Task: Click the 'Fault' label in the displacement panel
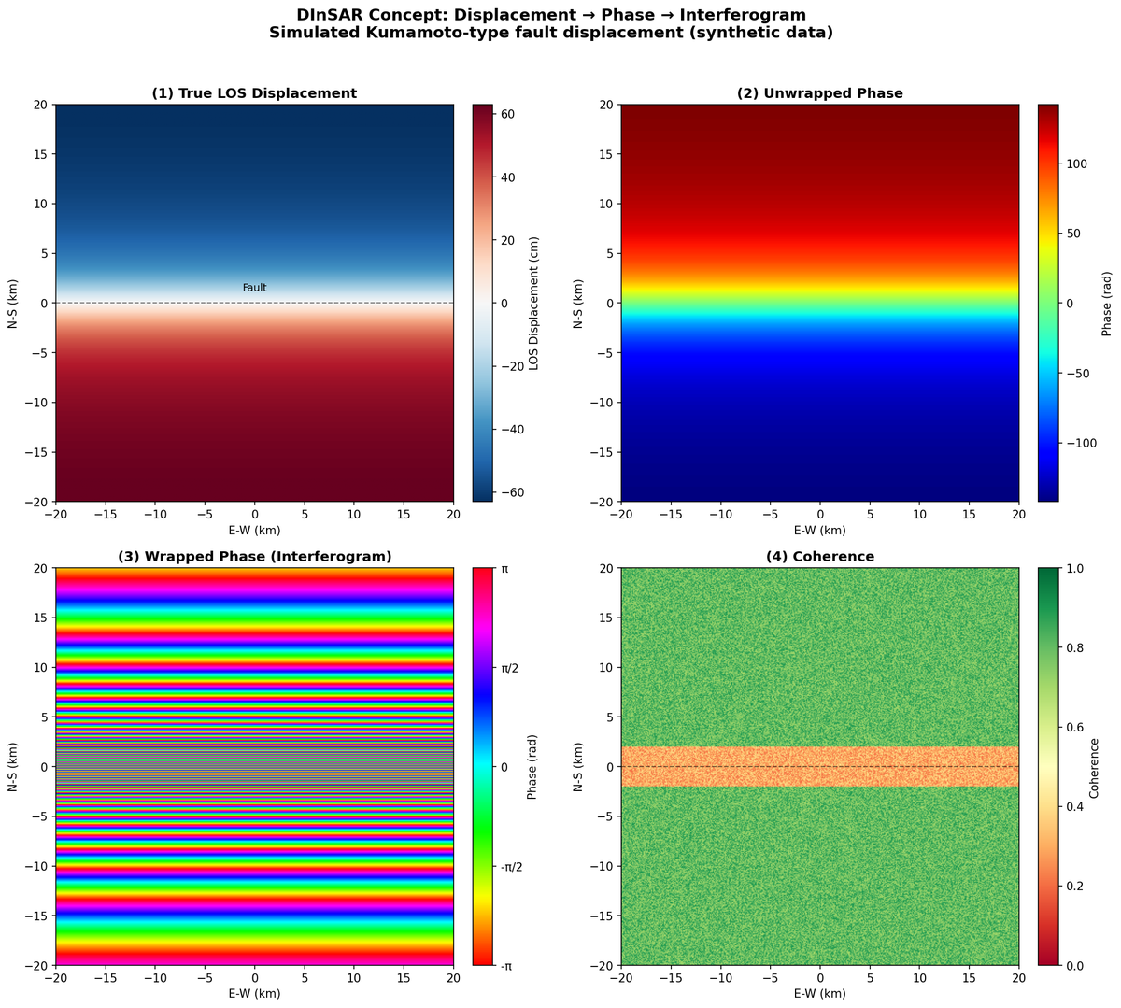254,288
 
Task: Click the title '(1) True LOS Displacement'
254,93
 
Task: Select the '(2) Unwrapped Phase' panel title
819,93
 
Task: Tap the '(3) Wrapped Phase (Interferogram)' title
254,557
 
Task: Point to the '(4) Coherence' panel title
819,557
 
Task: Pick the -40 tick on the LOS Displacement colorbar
512,430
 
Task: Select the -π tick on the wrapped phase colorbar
506,965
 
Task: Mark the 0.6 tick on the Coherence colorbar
1074,727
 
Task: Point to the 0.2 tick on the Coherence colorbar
1074,886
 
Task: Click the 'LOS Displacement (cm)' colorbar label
534,303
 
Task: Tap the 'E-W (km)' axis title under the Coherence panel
819,993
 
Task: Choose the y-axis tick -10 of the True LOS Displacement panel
35,402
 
